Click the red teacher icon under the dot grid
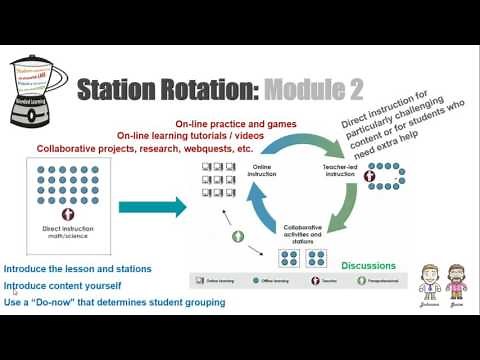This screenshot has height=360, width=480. click(x=69, y=215)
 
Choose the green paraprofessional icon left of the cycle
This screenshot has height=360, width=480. click(x=238, y=237)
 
